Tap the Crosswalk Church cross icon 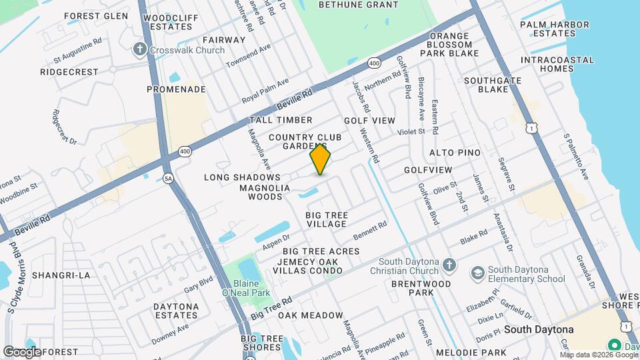pos(139,49)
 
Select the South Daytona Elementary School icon pos(477,273)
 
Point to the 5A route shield pos(169,178)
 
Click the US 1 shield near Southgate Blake pos(531,126)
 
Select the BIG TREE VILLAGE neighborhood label pos(326,219)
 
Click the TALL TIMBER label pos(281,120)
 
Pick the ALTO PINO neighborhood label pos(455,153)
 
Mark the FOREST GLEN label pos(96,16)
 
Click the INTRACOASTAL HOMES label pos(557,64)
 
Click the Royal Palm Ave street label pos(265,90)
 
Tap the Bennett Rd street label pos(370,231)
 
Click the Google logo pos(22,351)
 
